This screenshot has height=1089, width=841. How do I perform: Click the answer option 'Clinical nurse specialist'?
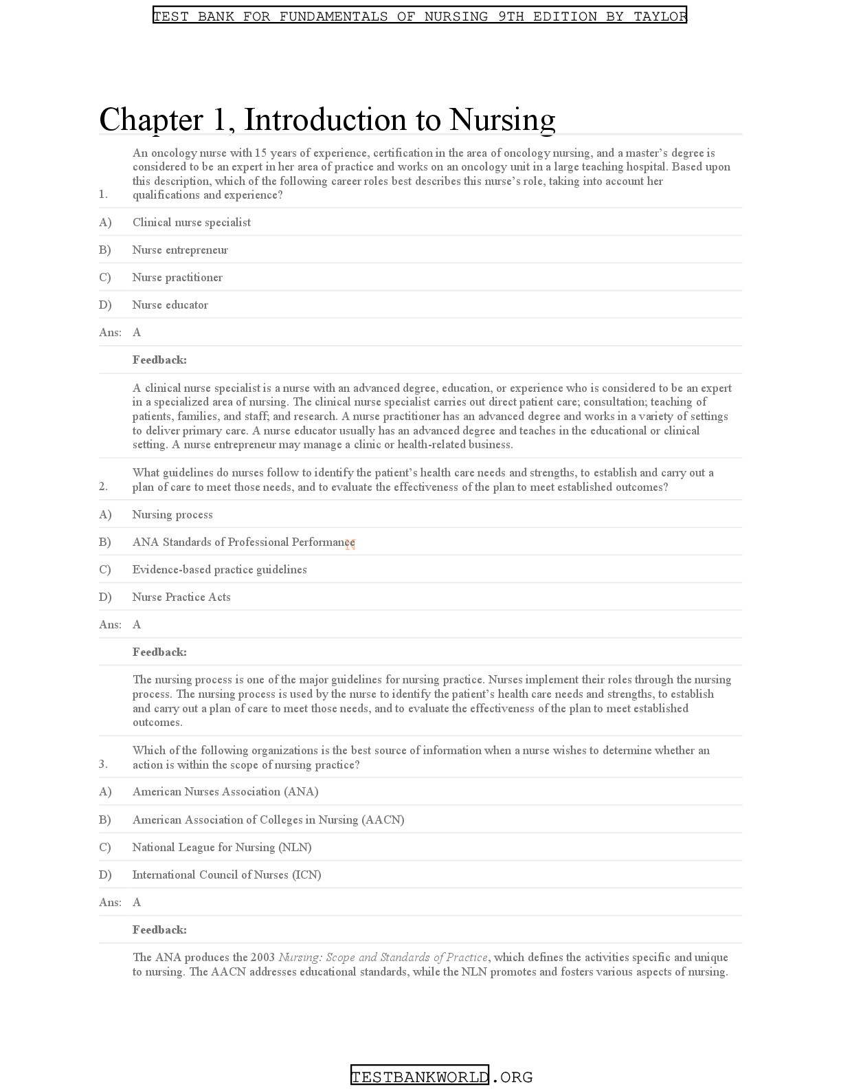tap(191, 222)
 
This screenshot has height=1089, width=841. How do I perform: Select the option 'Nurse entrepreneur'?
tap(180, 250)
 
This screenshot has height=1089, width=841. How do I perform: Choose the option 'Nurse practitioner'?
tap(177, 277)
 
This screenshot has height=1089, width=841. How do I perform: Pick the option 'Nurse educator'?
tap(170, 305)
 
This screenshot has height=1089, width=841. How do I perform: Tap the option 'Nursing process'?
tap(172, 514)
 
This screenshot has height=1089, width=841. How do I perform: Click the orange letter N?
tap(350, 544)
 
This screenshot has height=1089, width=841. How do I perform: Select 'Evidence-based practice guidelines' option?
tap(220, 569)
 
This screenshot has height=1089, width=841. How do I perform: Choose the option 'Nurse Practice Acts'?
tap(181, 597)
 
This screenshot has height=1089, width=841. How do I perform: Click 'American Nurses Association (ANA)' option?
tap(225, 791)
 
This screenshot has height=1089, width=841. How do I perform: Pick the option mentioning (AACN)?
tap(268, 819)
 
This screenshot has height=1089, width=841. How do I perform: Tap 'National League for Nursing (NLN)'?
tap(222, 847)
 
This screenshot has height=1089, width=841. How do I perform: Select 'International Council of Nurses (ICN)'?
tap(227, 874)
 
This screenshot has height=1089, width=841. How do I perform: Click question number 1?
tap(103, 195)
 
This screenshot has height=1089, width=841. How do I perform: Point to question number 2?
tap(103, 487)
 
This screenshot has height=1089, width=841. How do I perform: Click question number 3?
tap(103, 764)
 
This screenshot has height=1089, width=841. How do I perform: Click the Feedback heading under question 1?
tap(159, 360)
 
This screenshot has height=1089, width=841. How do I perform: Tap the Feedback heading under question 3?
tap(159, 929)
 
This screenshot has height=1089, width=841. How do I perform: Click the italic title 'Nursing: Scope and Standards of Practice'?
tap(383, 957)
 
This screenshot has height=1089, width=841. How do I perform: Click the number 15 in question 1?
tap(260, 153)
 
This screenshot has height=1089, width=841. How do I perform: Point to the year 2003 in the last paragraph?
tap(262, 957)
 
